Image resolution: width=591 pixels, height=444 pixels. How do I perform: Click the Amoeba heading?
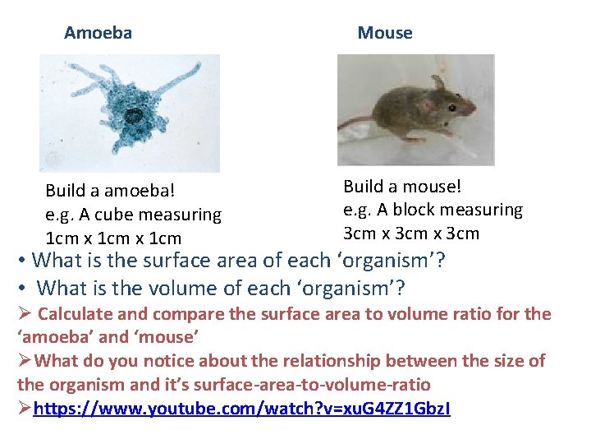coord(98,33)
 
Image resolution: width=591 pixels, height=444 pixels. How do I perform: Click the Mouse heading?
coord(384,33)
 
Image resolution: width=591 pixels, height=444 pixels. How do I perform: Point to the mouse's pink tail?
coord(355,123)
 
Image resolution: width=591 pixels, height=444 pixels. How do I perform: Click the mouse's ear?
coord(439,83)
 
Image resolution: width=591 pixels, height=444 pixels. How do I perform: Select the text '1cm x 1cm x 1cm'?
coord(113,238)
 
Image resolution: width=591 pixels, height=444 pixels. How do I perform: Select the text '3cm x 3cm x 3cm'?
coord(410,234)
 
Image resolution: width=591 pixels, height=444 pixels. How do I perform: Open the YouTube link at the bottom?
coord(241,408)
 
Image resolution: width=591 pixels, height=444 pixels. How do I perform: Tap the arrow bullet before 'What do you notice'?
coord(25,361)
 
